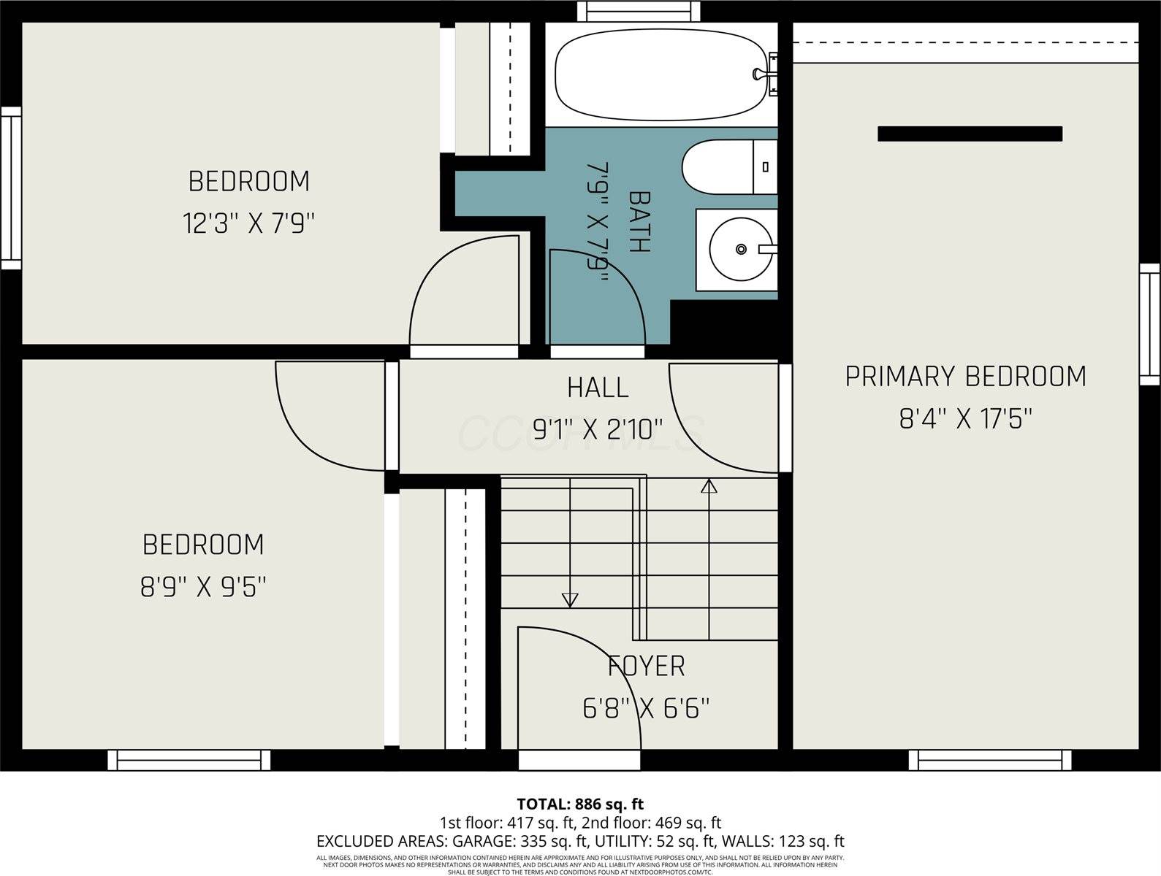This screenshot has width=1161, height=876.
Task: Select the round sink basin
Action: coord(739,250)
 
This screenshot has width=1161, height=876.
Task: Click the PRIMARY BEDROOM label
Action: coord(965,377)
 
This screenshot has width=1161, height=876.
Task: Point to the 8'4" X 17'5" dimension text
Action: coord(965,420)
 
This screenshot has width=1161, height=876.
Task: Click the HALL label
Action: coord(598,388)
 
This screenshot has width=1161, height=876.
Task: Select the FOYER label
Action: coord(646,666)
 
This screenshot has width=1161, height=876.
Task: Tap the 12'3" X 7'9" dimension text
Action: coord(248,223)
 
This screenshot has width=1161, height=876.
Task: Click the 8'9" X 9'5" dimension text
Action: coord(203,587)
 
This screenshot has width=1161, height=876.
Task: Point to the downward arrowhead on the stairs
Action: coord(570,600)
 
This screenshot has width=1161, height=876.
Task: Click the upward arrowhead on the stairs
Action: coord(709,485)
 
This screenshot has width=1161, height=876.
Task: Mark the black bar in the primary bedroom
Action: coord(970,134)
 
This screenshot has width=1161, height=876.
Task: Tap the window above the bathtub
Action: coord(638,11)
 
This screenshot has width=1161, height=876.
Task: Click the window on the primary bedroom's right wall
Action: coord(1149,323)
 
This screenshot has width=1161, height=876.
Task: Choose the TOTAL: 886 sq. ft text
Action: coord(580,804)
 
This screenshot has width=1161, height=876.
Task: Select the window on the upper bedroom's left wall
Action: coord(10,188)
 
